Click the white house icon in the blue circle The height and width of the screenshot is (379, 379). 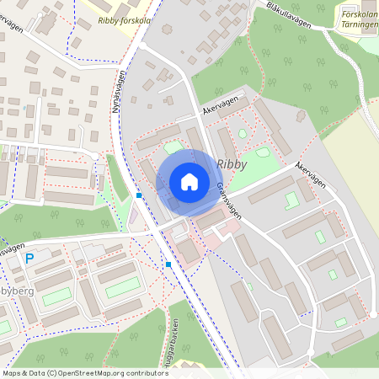(189, 182)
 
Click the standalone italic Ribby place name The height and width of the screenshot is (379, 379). (232, 163)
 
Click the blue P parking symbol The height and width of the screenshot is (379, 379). (30, 259)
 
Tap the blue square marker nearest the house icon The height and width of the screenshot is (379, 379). (139, 195)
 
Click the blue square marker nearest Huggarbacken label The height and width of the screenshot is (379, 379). (168, 264)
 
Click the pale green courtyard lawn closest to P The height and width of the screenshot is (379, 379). (56, 296)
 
